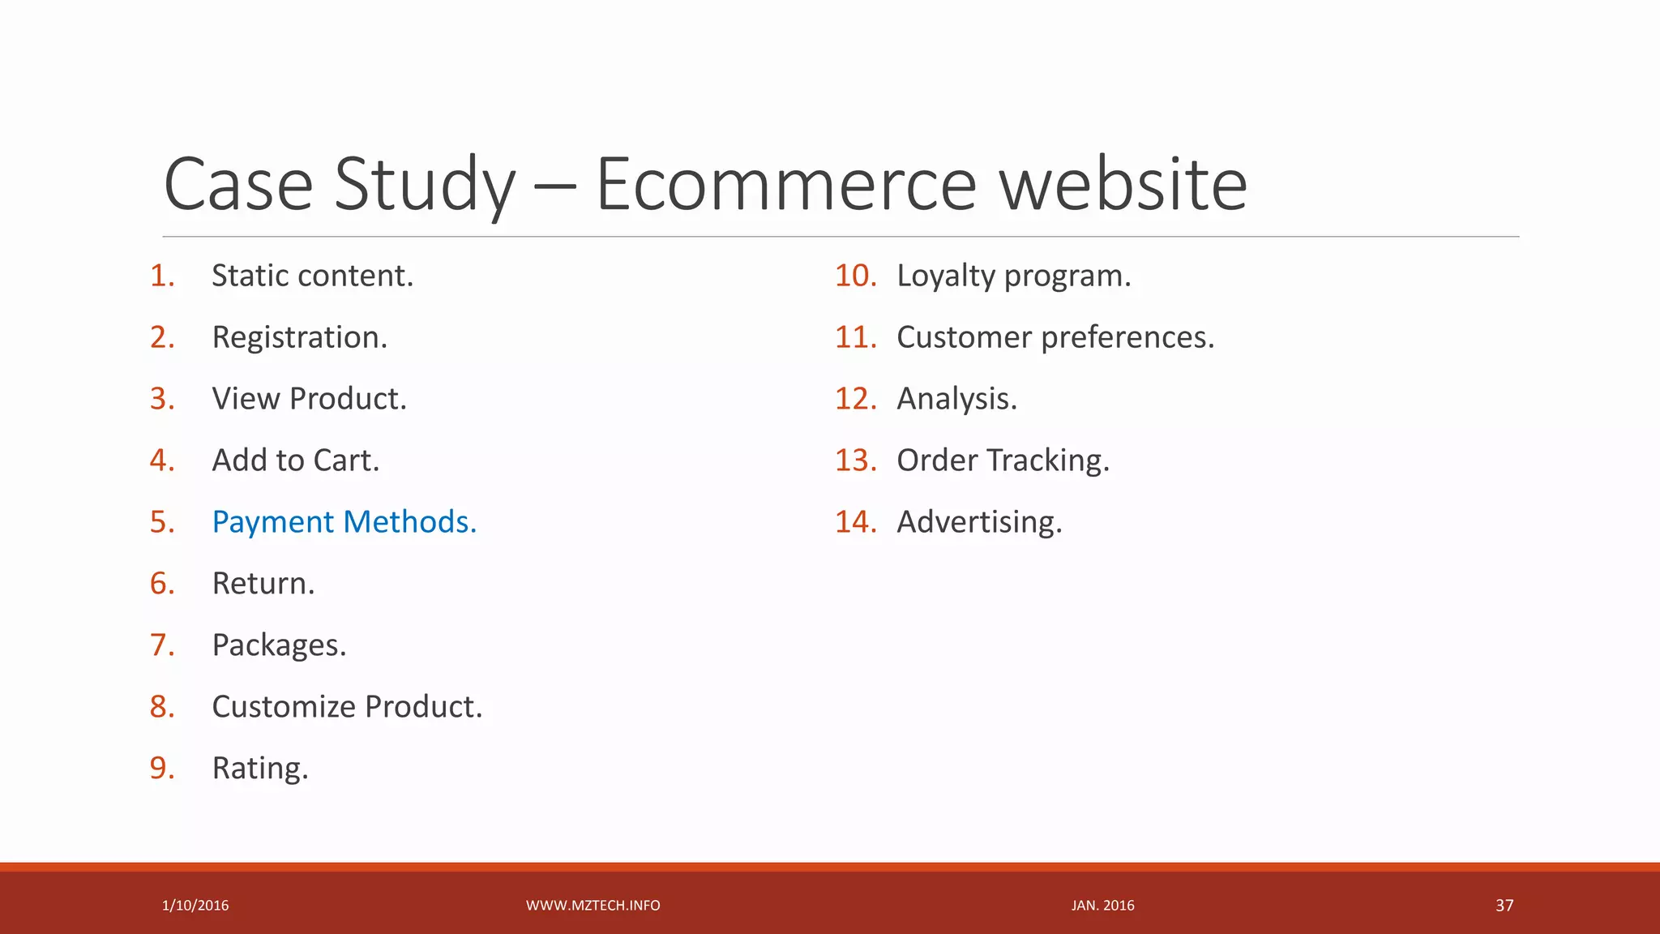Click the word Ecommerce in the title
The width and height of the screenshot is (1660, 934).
[x=786, y=185]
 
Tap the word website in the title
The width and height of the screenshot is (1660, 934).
[x=1123, y=185]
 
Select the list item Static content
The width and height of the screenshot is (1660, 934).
[x=312, y=276]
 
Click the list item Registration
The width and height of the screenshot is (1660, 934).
[x=299, y=337]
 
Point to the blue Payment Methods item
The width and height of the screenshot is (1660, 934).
[x=344, y=522]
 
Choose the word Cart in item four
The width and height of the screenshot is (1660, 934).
[x=346, y=461]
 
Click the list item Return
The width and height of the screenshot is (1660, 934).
[x=263, y=584]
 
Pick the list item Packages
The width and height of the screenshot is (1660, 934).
[x=279, y=645]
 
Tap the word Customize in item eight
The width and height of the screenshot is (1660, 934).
[x=281, y=707]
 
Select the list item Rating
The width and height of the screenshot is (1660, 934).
[x=259, y=769]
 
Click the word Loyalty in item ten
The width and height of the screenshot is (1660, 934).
[x=945, y=276]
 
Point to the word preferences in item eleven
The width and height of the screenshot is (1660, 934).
[x=1127, y=337]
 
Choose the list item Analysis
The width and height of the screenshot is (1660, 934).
[x=956, y=399]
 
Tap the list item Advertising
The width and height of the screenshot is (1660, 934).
[x=979, y=522]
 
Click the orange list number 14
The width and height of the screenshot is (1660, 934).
[x=855, y=522]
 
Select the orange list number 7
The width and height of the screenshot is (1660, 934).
[x=162, y=645]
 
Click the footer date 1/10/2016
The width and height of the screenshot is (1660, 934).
[x=195, y=906]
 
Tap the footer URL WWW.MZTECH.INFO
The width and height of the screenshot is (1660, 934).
[x=593, y=906]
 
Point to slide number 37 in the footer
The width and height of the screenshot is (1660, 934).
[x=1504, y=906]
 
